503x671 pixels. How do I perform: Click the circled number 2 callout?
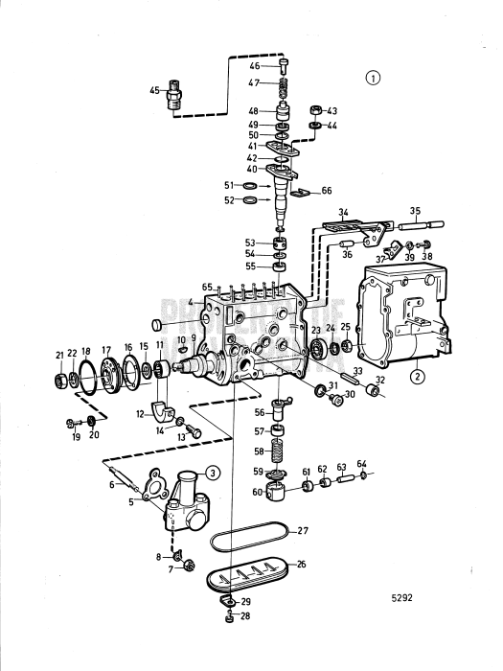tap(417, 376)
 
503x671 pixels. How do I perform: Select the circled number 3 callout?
tap(214, 470)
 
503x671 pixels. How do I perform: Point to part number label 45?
tap(154, 91)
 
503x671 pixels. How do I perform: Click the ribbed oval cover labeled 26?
tap(250, 576)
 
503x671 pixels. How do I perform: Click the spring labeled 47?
tap(284, 88)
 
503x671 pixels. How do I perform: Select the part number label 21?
tap(58, 355)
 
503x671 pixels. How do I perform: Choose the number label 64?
tap(361, 464)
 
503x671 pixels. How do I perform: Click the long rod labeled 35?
tap(415, 229)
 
